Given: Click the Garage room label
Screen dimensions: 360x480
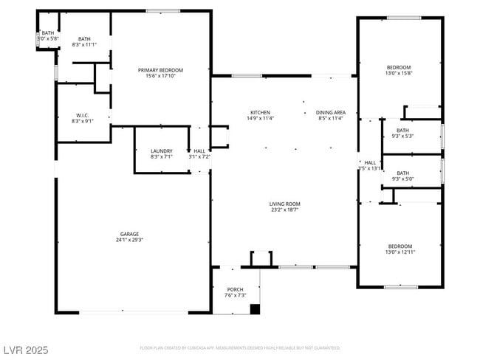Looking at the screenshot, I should (x=129, y=234).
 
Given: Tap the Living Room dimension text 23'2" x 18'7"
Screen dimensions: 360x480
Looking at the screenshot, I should (x=284, y=210).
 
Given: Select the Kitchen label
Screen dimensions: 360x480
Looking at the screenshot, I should (x=260, y=112).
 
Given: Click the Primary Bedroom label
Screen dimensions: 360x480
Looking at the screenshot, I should (x=160, y=70).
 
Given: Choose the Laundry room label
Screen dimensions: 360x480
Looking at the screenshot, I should (x=161, y=150).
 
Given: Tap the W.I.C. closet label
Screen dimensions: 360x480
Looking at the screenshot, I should (x=82, y=115).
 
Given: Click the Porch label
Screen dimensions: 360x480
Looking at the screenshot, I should (x=236, y=289).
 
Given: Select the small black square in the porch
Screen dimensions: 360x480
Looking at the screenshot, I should (x=255, y=309).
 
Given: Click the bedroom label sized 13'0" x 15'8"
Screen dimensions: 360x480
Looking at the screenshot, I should (x=400, y=67).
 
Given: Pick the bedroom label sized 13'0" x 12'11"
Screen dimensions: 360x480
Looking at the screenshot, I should (x=400, y=246).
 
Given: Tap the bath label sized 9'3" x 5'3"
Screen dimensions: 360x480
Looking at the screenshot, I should (x=403, y=130).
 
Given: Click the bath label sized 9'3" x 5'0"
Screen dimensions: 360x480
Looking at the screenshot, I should (x=403, y=173).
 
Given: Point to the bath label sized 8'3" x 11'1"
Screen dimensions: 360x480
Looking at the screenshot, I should (x=84, y=39).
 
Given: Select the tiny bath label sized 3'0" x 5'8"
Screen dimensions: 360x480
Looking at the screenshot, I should (x=47, y=33).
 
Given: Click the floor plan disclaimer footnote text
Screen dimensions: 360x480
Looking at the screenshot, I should (x=240, y=347).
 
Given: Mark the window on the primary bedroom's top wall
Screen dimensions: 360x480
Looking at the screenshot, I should (x=163, y=11).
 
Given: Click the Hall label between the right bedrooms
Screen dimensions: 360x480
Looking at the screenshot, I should (x=370, y=162).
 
